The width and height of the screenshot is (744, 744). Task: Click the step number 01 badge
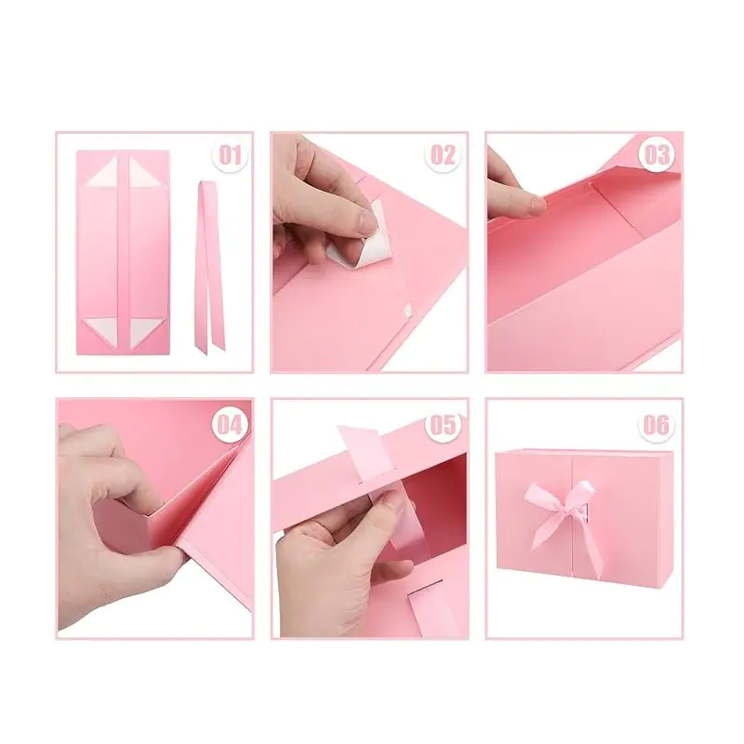click(230, 155)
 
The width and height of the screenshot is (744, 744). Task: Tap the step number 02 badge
click(443, 155)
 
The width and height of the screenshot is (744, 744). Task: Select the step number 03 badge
click(657, 155)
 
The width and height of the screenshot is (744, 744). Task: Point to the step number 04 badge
click(230, 424)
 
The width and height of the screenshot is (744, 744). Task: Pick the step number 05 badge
click(443, 424)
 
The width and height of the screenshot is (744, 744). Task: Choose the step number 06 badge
click(657, 424)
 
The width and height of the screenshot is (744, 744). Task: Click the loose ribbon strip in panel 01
click(207, 266)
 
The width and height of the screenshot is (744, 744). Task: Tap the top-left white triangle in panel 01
click(104, 172)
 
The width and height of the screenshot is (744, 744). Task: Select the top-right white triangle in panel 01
click(146, 172)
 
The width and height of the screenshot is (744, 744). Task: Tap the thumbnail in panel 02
click(365, 219)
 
